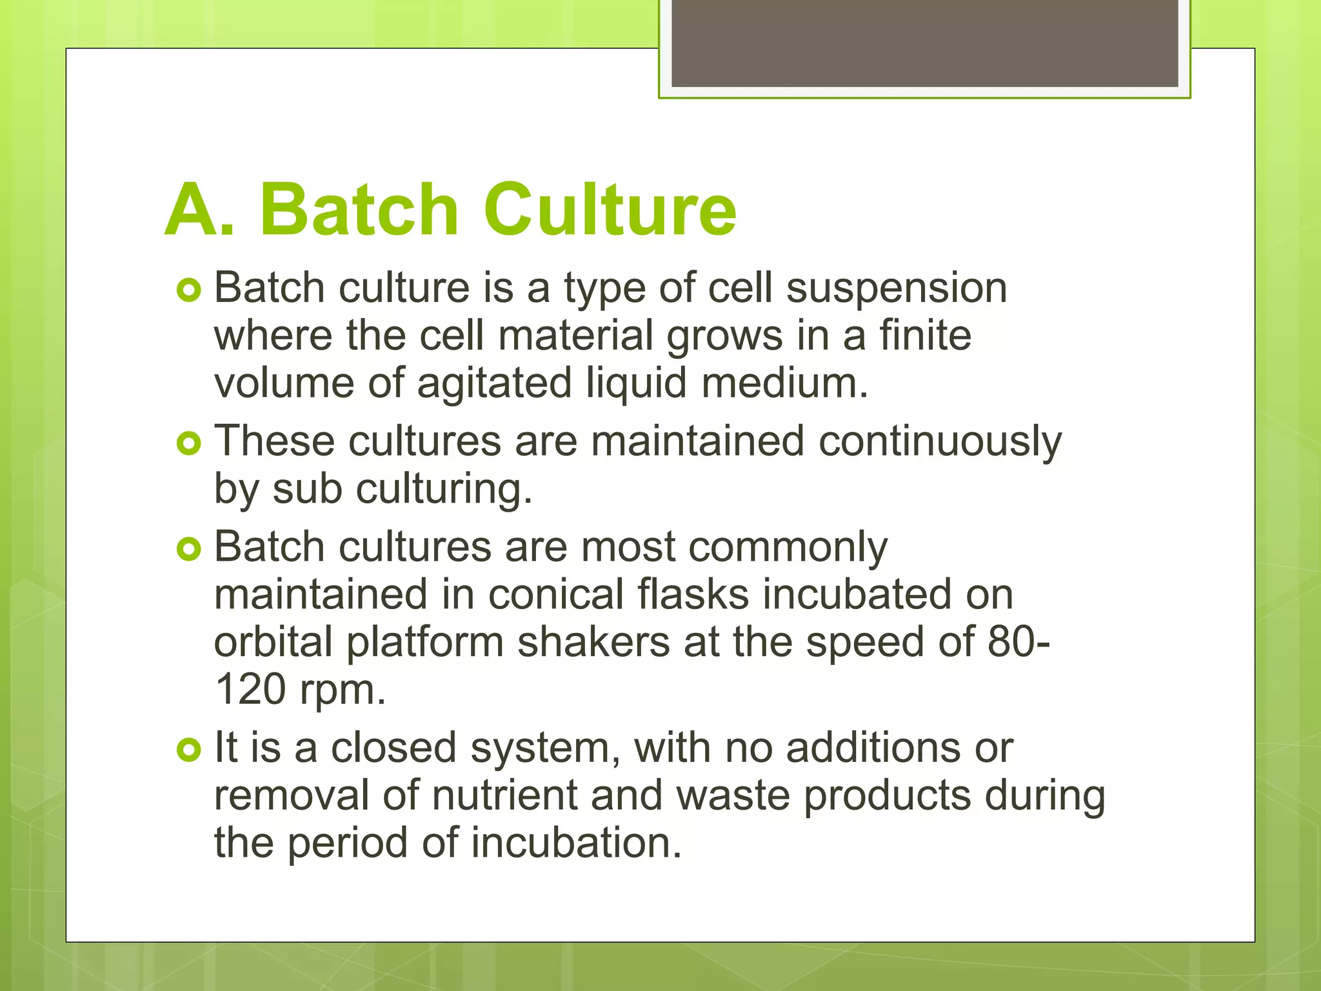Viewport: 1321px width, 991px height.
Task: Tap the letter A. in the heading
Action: [199, 210]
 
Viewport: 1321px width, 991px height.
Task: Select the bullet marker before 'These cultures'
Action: [189, 443]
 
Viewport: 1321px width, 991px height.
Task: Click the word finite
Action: [925, 335]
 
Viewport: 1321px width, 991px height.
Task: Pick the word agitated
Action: [494, 384]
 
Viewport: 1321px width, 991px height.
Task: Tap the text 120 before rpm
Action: [250, 690]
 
